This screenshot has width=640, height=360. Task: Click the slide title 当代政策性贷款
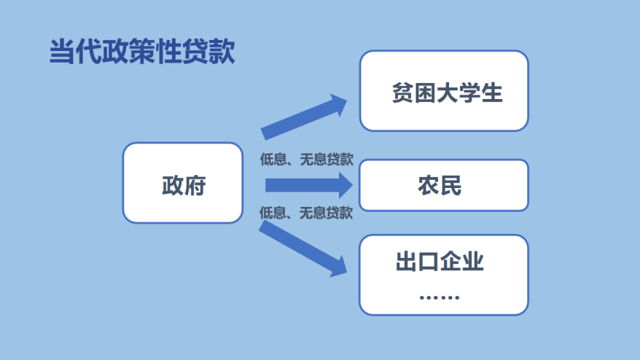[142, 52]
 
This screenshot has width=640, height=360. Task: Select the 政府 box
[183, 183]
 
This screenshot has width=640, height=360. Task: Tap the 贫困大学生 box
[444, 90]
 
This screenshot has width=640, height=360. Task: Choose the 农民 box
[444, 185]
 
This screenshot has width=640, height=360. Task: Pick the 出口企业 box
[444, 275]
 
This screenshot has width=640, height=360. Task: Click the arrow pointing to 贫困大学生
[304, 117]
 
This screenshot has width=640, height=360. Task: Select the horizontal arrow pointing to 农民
[309, 185]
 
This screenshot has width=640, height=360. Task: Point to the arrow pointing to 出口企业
[303, 249]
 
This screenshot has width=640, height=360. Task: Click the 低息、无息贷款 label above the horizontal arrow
[307, 159]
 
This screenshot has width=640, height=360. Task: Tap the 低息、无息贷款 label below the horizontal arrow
[306, 213]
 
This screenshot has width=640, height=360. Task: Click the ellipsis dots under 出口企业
[440, 297]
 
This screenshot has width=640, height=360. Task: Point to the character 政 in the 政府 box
[173, 186]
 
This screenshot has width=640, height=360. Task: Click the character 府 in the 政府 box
[195, 186]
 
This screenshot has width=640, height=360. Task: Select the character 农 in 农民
[429, 186]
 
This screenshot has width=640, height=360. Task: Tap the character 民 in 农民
[450, 186]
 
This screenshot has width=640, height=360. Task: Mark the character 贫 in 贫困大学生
[403, 93]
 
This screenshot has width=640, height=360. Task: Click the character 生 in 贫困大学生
[492, 93]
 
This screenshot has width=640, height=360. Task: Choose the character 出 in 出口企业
[407, 261]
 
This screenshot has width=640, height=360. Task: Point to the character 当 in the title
[62, 52]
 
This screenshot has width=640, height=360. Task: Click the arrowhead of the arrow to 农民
[346, 185]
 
